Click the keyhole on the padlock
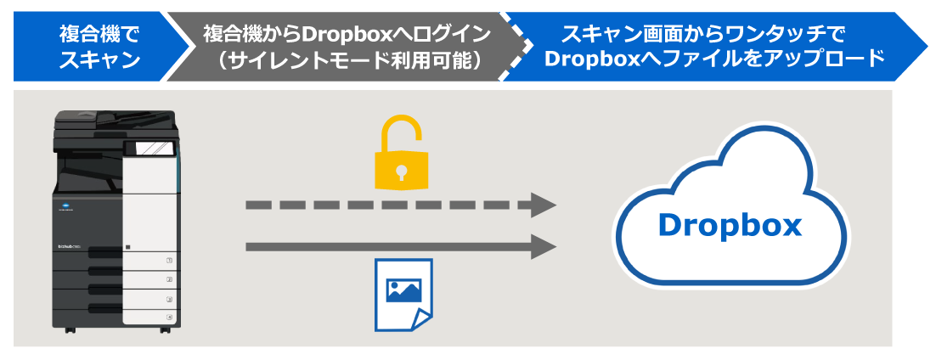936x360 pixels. pos(399,171)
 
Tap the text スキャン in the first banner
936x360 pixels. pos(99,60)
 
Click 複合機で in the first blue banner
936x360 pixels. pos(99,35)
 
